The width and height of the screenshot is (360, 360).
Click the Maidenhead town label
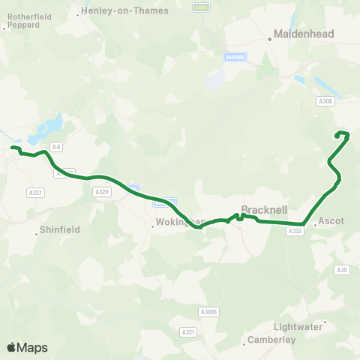299,34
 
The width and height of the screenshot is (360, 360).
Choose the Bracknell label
260,210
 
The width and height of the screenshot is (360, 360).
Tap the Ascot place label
331,222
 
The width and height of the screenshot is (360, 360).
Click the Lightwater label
300,326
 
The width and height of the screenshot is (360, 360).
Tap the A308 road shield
325,101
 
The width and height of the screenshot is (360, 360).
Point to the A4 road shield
55,146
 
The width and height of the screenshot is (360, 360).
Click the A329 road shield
102,192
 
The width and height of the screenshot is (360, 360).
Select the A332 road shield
295,232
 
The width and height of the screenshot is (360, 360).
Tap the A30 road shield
343,269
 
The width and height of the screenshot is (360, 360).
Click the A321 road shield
188,331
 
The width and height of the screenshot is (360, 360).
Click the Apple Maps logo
27,347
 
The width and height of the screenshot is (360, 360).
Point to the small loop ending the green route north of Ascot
343,135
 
